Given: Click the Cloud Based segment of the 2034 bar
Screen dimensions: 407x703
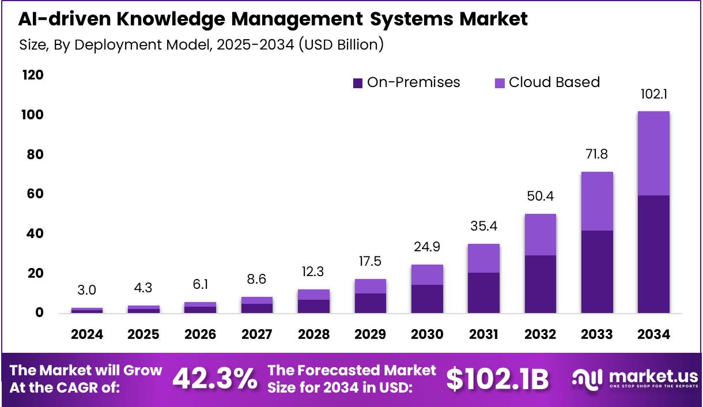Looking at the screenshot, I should tap(653, 153).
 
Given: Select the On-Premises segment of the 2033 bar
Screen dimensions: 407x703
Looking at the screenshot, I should tap(597, 272).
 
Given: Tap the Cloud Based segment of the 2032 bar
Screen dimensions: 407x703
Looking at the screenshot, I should tap(540, 235).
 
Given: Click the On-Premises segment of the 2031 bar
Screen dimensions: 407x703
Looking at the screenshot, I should tap(483, 293).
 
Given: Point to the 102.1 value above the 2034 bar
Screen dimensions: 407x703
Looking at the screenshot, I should tap(653, 95).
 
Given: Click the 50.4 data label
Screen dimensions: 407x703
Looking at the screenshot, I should tap(540, 196).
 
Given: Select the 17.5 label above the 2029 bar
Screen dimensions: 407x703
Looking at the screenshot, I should tap(370, 262).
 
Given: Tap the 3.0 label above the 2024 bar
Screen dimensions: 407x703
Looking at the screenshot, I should tap(87, 289).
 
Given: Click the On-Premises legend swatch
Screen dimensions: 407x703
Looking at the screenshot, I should tap(358, 83).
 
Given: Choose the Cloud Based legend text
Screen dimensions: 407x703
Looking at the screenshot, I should tap(554, 82).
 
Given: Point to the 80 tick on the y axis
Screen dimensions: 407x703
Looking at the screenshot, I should tap(33, 154).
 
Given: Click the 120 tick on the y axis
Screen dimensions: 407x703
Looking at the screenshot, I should tap(33, 76).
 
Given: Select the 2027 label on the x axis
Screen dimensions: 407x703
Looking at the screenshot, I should tap(257, 334).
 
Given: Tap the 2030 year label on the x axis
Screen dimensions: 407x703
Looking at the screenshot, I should tap(427, 334).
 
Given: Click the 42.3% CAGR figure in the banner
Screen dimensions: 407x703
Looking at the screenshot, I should tap(214, 379).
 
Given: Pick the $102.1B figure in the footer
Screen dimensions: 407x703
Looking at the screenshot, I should tap(497, 379).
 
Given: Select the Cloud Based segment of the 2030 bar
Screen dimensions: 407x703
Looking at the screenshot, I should tap(427, 274).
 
